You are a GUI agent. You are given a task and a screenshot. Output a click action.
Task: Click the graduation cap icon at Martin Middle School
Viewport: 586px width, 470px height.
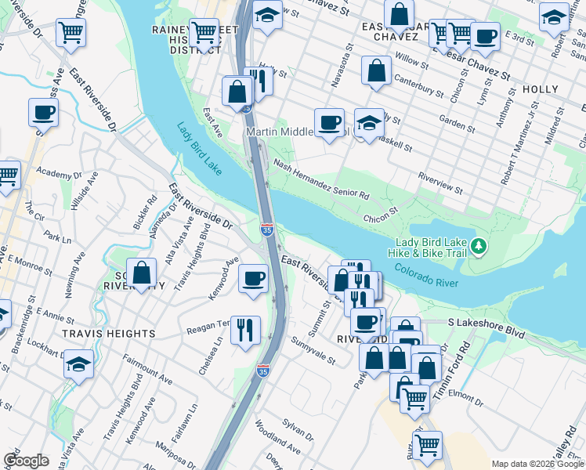coord(369,121)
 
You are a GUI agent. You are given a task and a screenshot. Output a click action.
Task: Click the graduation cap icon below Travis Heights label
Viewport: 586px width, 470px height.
coord(78,364)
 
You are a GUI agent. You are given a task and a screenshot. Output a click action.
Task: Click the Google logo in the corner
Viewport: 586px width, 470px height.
coord(26,461)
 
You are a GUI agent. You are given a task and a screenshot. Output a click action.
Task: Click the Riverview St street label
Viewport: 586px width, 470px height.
coord(440,184)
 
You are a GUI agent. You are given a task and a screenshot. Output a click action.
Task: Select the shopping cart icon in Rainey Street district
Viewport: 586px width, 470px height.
coord(204,33)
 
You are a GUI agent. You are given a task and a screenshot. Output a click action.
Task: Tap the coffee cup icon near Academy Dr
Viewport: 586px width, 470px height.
coord(43,112)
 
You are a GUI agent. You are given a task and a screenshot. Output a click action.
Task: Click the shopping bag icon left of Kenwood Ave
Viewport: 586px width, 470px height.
coord(141,273)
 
